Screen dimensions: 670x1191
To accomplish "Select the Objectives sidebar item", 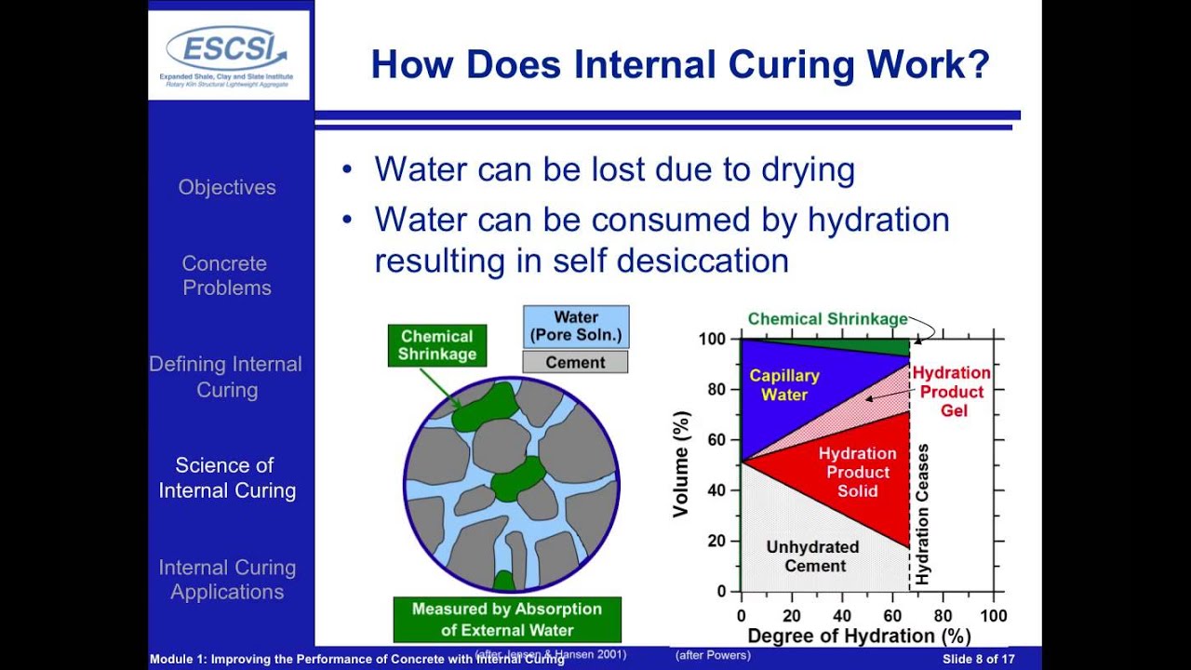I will coord(227,187).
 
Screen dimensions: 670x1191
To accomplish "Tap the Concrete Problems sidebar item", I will coord(226,275).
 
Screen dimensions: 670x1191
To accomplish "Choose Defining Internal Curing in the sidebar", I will coord(226,377).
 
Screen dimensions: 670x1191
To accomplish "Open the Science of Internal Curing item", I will coord(226,477).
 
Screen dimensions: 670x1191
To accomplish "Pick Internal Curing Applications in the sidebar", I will coord(227,580).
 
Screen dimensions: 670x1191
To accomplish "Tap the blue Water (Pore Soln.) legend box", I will coord(575,326).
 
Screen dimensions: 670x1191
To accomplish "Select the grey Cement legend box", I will coord(575,362).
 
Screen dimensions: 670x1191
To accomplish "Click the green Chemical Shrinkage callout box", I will coord(436,344).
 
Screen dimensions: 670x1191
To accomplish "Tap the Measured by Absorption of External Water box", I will coord(507,619).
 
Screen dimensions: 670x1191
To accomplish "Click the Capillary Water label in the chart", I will coord(784,384).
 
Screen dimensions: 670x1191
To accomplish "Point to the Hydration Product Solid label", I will coord(857,471).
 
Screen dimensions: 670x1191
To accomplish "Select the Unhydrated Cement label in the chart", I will coord(812,556).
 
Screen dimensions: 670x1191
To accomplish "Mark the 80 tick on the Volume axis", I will coord(717,390).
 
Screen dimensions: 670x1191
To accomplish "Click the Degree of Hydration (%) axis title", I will coord(859,636).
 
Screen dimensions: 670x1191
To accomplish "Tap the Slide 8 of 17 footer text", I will coord(978,659).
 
